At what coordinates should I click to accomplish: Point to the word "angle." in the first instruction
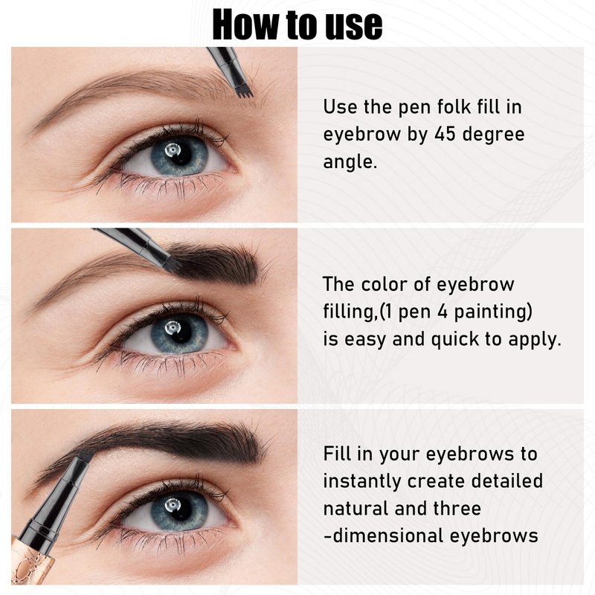pos(350,162)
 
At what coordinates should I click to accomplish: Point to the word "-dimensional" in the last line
pos(383,535)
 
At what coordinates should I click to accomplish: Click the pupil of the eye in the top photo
pos(179,154)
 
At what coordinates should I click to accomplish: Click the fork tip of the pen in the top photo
pos(244,92)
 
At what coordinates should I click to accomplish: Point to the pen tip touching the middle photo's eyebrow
pos(173,265)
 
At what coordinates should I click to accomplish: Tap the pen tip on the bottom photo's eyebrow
pos(86,455)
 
